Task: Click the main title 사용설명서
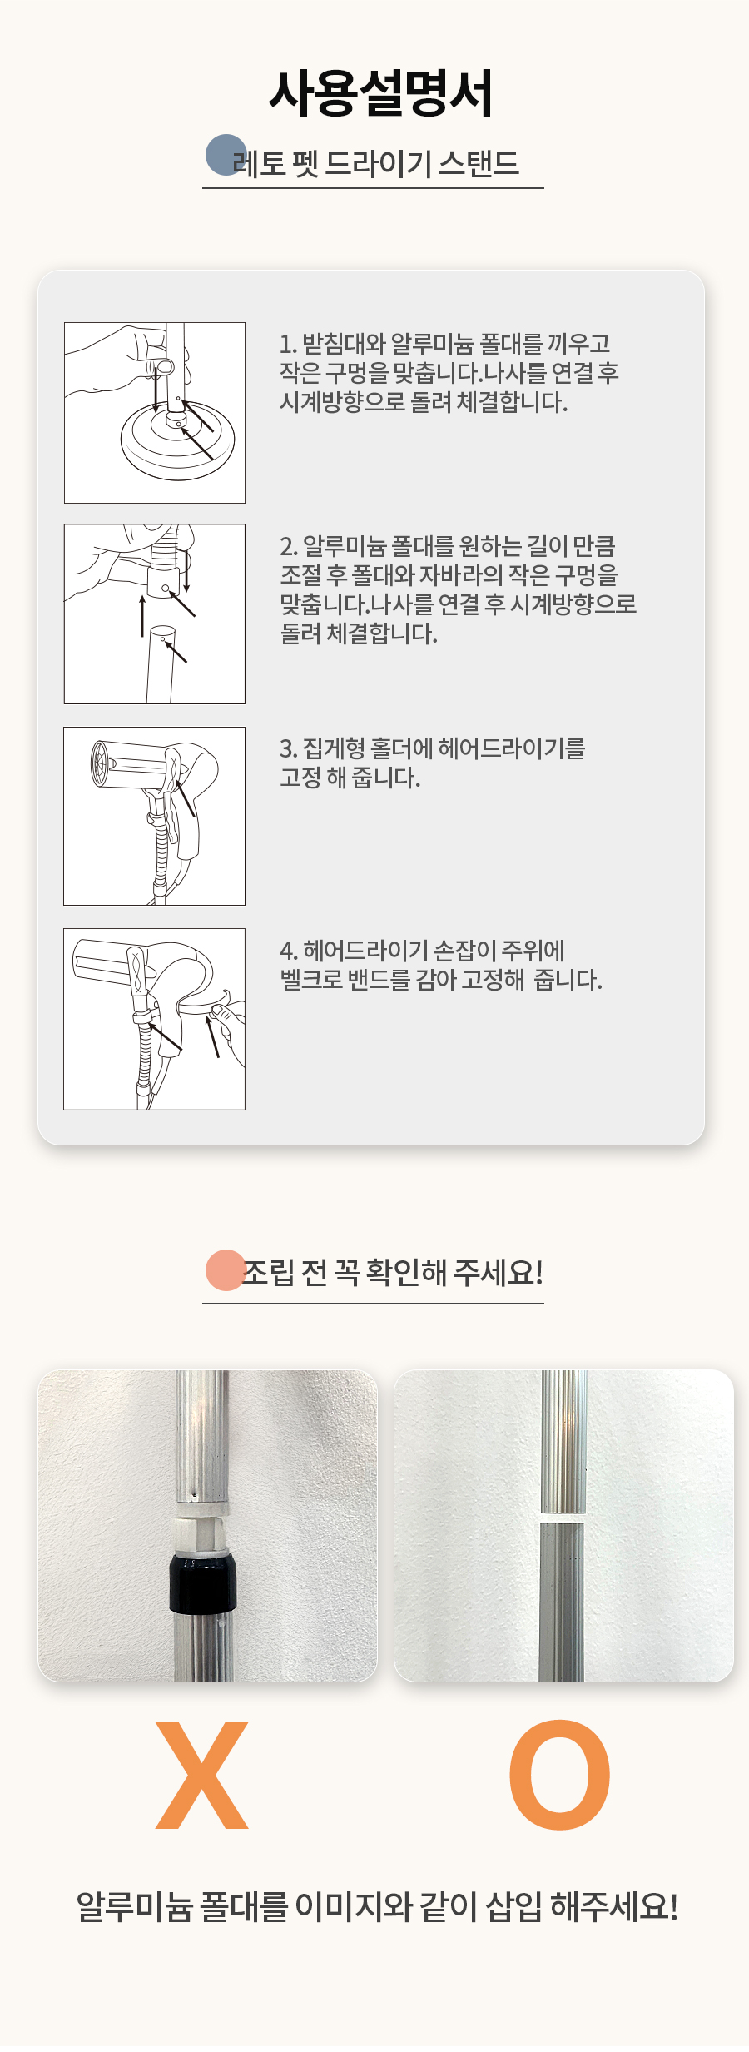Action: click(x=380, y=93)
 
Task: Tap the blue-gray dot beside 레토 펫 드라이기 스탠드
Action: click(x=226, y=155)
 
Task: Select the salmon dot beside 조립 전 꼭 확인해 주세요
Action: click(x=226, y=1270)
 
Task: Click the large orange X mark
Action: click(x=202, y=1775)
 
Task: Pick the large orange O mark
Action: click(x=560, y=1775)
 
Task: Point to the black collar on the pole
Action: click(x=203, y=1582)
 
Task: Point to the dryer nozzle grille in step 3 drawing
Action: click(x=102, y=762)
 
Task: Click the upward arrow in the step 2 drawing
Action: click(x=142, y=615)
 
